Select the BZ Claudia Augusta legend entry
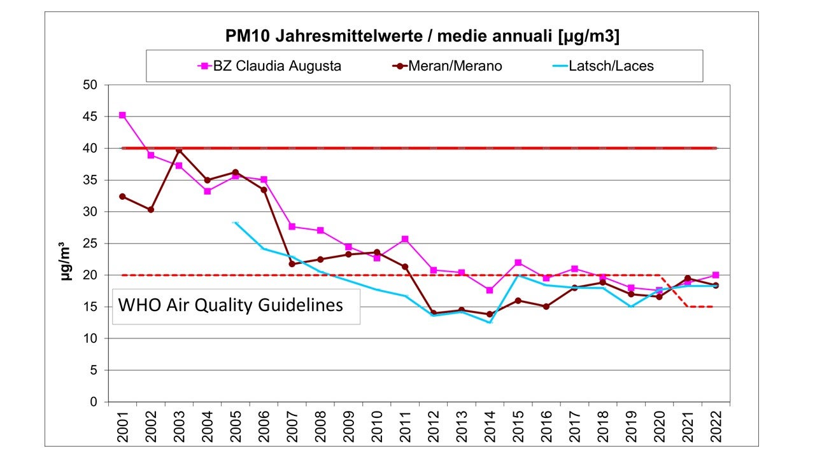click(x=271, y=66)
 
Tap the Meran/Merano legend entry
click(x=446, y=66)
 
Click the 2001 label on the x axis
click(x=123, y=422)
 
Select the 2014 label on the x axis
click(x=490, y=422)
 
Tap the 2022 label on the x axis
click(x=716, y=422)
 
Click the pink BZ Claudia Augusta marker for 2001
click(x=122, y=115)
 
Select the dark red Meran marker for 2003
click(x=179, y=150)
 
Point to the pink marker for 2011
click(x=405, y=239)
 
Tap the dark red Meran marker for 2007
click(x=292, y=264)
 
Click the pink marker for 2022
click(x=716, y=275)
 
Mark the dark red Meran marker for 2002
click(x=151, y=210)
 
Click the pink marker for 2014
click(x=490, y=290)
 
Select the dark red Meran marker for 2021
click(x=688, y=279)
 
